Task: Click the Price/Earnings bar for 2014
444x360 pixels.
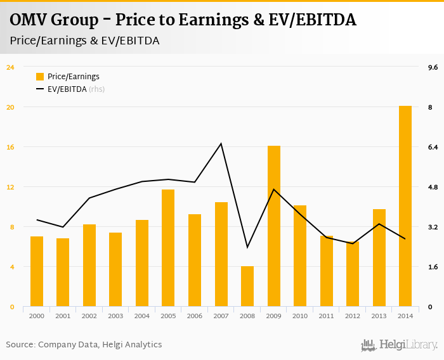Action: click(x=405, y=206)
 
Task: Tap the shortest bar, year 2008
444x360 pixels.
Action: click(x=247, y=286)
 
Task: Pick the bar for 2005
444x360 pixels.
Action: click(x=168, y=248)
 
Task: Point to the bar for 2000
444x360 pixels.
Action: click(x=37, y=271)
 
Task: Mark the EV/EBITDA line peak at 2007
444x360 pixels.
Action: click(x=221, y=143)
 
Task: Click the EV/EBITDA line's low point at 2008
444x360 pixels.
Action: click(x=247, y=247)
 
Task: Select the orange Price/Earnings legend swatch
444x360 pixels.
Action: click(x=40, y=77)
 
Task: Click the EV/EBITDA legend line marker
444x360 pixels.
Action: click(x=40, y=89)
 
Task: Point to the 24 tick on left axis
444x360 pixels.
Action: click(x=10, y=67)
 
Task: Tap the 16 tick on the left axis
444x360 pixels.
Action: click(x=10, y=147)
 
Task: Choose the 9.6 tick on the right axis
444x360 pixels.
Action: click(x=433, y=67)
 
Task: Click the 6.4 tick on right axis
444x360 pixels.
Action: click(x=433, y=147)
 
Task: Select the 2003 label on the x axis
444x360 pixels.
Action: click(x=115, y=316)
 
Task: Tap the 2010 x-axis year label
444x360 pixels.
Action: click(x=300, y=316)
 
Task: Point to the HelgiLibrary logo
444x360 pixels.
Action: click(x=400, y=345)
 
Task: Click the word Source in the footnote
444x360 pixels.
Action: click(x=20, y=345)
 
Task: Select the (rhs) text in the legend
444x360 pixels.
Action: click(x=96, y=89)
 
